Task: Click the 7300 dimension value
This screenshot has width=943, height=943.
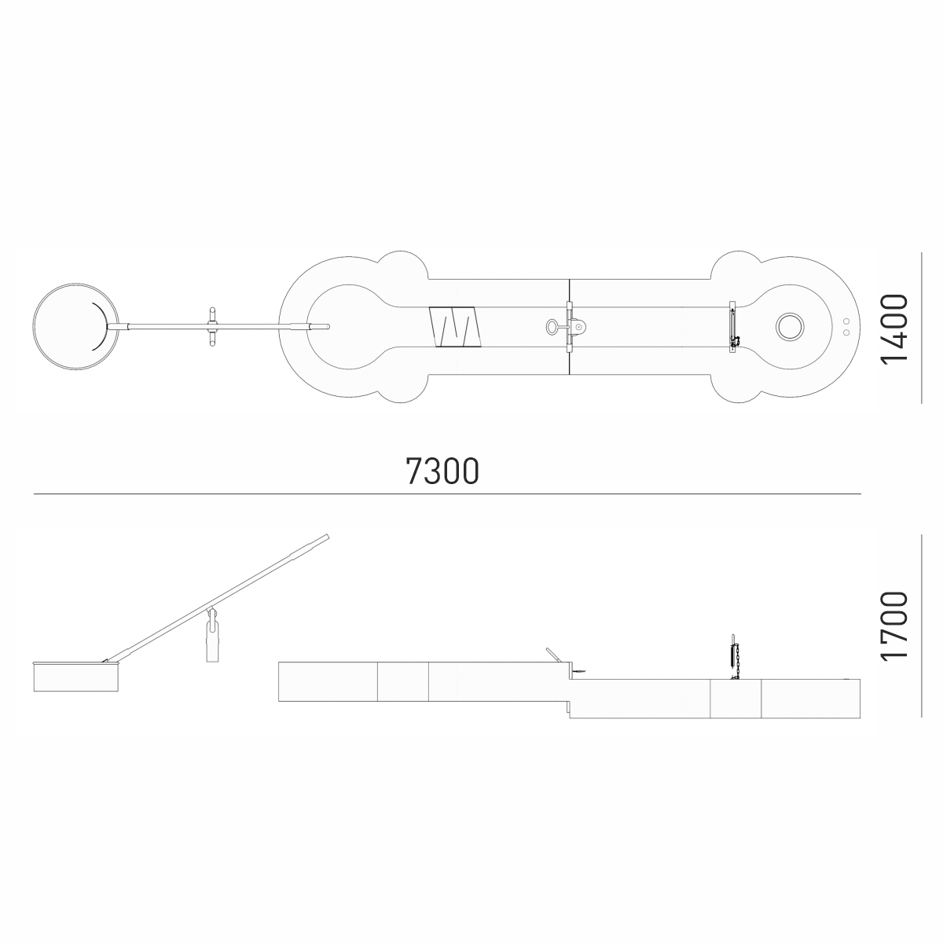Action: [x=442, y=471]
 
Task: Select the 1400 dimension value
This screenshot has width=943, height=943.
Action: [x=893, y=328]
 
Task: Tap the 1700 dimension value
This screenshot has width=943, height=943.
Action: [x=893, y=627]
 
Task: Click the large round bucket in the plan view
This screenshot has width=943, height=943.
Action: [x=75, y=284]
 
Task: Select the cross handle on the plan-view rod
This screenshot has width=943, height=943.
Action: [x=212, y=326]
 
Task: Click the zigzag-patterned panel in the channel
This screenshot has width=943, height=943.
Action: [x=455, y=327]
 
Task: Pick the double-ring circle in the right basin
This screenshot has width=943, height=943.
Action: [x=789, y=326]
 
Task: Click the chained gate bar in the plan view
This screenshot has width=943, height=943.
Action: [x=733, y=326]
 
